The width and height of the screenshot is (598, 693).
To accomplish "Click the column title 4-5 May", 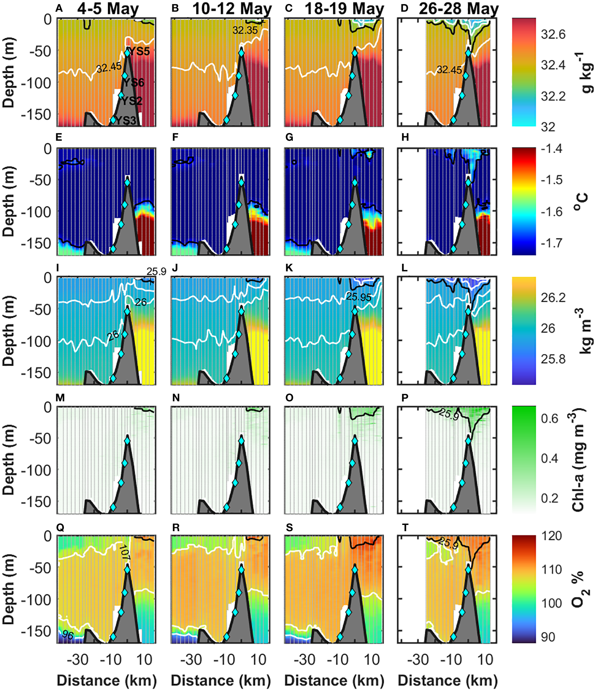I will tap(108, 9).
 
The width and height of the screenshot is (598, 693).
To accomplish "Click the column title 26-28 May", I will tap(458, 9).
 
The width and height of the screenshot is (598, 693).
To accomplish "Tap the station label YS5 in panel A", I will tap(140, 52).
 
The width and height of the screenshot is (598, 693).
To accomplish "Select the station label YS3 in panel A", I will tap(126, 120).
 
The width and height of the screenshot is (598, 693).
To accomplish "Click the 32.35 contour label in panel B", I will tap(245, 30).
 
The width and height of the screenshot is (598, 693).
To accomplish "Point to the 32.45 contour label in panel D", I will tap(449, 69).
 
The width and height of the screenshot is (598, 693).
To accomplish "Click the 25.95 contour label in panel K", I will tap(359, 297).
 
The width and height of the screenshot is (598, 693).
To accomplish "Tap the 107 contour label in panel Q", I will tap(124, 552).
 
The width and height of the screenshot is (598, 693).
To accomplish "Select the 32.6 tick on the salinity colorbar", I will tap(553, 34).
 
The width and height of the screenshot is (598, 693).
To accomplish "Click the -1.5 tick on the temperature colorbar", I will tap(552, 180).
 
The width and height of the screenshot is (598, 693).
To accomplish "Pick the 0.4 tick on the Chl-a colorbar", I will tap(549, 458).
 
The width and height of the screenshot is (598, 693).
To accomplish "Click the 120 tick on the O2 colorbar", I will tap(551, 536).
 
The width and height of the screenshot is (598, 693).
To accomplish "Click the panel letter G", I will tap(289, 137).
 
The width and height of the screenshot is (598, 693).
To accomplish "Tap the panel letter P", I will tap(405, 398).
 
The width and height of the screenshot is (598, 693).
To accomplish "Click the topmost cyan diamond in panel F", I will tap(241, 182).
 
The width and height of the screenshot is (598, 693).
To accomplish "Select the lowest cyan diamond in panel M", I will tap(113, 507).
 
